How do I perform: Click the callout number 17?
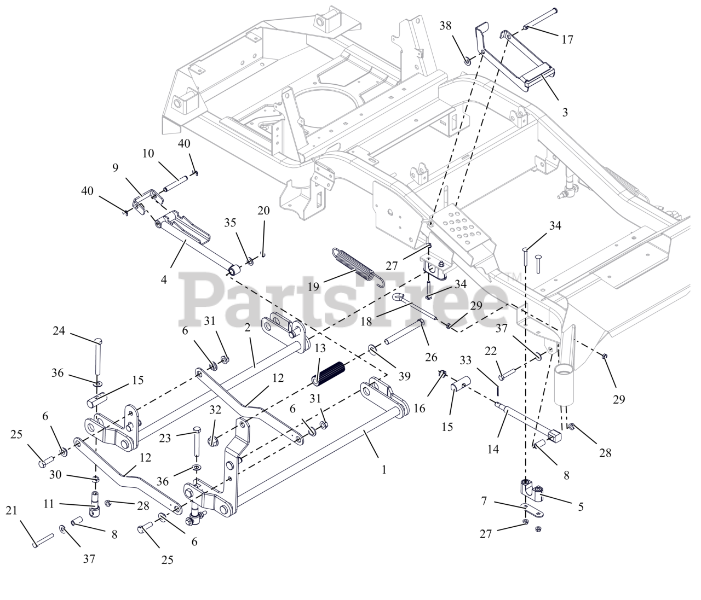[567, 39]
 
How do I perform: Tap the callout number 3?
[565, 112]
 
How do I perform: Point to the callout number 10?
[148, 153]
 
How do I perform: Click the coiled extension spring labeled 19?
[354, 265]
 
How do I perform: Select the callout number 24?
[59, 331]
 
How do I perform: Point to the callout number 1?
[384, 469]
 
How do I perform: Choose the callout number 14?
[493, 449]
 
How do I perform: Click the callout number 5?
[580, 506]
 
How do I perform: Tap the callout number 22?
[491, 350]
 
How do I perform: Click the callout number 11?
[49, 504]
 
